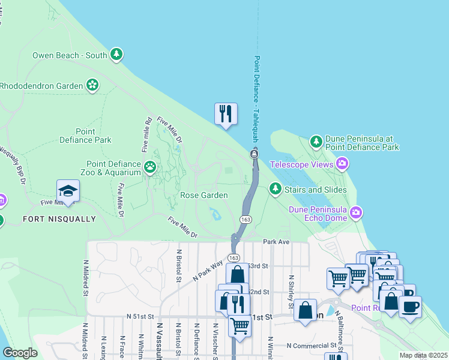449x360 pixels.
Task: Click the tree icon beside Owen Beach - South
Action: click(116, 55)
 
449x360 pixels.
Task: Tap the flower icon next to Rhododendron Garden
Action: click(92, 86)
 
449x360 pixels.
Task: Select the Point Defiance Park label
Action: click(86, 136)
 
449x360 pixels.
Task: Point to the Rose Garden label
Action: click(204, 195)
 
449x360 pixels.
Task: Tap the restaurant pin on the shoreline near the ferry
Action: click(226, 113)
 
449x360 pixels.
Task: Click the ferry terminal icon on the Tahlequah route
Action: click(255, 155)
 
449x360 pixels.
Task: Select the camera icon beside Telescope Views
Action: click(342, 164)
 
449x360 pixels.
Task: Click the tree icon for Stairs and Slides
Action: click(276, 190)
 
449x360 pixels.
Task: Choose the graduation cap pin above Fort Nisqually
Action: click(68, 191)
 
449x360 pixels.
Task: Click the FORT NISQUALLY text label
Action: click(59, 219)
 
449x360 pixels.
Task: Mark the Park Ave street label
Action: click(276, 241)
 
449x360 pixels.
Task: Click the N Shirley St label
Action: click(291, 291)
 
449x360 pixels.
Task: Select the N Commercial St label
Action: click(312, 346)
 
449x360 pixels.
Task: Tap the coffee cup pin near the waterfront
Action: click(410, 307)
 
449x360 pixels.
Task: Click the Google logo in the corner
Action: click(20, 352)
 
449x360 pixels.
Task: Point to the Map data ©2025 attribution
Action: click(423, 355)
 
